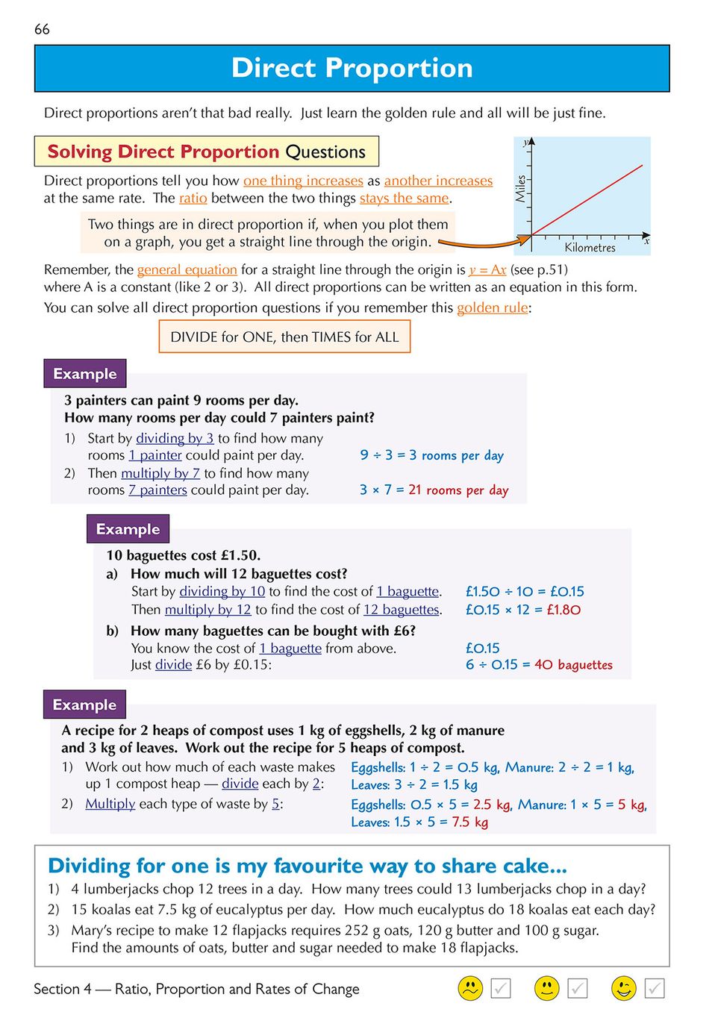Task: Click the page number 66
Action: click(x=42, y=29)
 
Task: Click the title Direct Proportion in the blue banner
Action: click(x=352, y=68)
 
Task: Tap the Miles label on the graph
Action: click(x=521, y=189)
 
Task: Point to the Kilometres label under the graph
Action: click(x=590, y=248)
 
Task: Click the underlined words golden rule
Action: click(x=492, y=307)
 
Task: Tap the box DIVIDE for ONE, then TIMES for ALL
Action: click(x=284, y=337)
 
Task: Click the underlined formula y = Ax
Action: click(x=487, y=269)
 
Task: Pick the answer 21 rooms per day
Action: click(x=458, y=490)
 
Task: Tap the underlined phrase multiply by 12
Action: click(x=207, y=610)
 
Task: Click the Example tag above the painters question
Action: click(x=84, y=374)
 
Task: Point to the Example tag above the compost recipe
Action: click(x=84, y=705)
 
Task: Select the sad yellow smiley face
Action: click(x=470, y=988)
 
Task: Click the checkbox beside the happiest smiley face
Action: click(x=655, y=988)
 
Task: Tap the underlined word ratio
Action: click(x=193, y=198)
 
